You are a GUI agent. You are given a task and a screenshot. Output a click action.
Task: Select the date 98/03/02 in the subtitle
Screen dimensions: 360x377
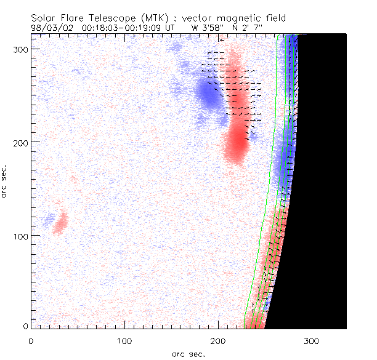coord(52,28)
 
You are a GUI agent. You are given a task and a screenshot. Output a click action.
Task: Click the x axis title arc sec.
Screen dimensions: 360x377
coord(188,353)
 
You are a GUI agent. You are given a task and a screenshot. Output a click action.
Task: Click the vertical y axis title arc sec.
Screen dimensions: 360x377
coord(5,180)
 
